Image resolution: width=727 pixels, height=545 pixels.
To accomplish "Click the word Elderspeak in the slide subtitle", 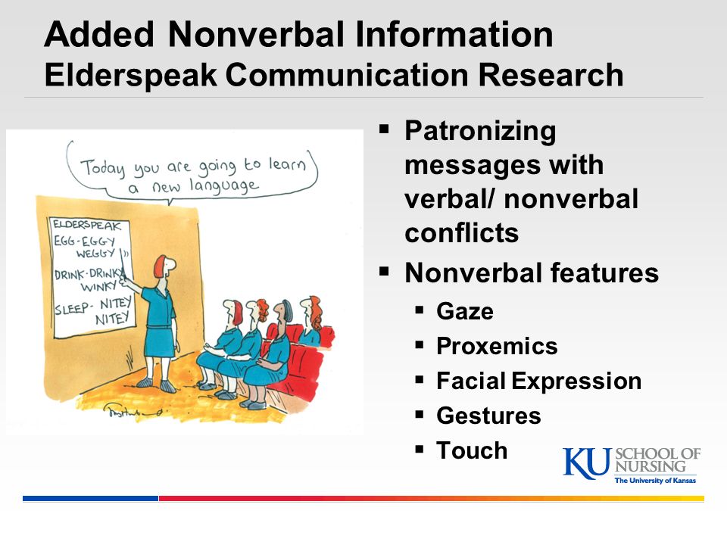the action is [x=131, y=76].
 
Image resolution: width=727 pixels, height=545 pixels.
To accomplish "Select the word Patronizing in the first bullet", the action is [x=480, y=132].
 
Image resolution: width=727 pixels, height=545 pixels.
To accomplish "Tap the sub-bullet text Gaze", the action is [x=465, y=311].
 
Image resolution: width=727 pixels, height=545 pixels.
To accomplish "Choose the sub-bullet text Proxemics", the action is [x=497, y=346].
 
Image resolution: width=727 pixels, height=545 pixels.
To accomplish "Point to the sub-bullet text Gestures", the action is [x=488, y=416].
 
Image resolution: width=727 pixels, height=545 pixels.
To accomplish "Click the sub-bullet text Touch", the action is [x=472, y=450].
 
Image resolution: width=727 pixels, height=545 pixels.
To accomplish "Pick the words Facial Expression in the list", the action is [x=539, y=381].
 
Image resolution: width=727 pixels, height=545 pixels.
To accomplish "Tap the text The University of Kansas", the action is [x=655, y=481].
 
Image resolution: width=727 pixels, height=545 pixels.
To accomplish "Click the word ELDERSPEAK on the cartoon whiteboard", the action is [x=86, y=226].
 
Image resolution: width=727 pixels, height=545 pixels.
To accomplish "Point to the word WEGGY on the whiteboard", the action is [x=95, y=254].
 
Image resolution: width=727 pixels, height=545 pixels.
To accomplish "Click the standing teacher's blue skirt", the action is [x=160, y=341].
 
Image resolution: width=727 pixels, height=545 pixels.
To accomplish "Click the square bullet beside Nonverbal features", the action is [x=384, y=271].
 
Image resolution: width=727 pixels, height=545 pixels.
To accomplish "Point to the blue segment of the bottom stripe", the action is [x=90, y=499].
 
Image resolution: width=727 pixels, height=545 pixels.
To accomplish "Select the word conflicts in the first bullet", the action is [x=462, y=233].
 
